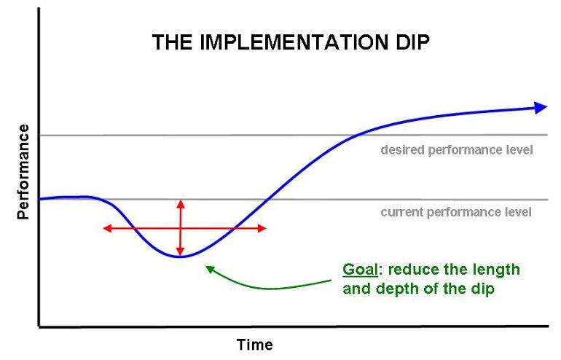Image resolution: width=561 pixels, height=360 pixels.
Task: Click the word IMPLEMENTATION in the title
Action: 294,42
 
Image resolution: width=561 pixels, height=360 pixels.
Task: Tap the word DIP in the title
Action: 412,42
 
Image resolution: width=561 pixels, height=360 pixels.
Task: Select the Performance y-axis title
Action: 23,172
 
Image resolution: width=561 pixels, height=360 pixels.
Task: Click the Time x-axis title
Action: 255,345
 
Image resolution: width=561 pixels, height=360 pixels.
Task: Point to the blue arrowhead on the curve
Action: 541,107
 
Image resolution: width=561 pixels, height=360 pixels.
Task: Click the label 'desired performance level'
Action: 457,149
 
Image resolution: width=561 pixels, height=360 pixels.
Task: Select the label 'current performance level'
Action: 456,212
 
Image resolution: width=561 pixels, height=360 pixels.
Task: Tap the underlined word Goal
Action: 360,270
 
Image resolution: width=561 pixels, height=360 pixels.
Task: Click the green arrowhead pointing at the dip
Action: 210,268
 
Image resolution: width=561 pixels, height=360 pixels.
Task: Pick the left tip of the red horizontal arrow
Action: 103,228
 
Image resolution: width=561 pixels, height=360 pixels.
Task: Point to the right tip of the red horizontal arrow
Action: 266,228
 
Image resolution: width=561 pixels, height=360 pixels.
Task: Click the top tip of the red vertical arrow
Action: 181,200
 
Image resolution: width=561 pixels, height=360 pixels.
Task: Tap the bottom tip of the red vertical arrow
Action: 181,256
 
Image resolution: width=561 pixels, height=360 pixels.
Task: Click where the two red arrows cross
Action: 181,228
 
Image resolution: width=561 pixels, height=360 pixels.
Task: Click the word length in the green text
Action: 498,270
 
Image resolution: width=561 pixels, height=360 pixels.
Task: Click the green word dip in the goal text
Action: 482,289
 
